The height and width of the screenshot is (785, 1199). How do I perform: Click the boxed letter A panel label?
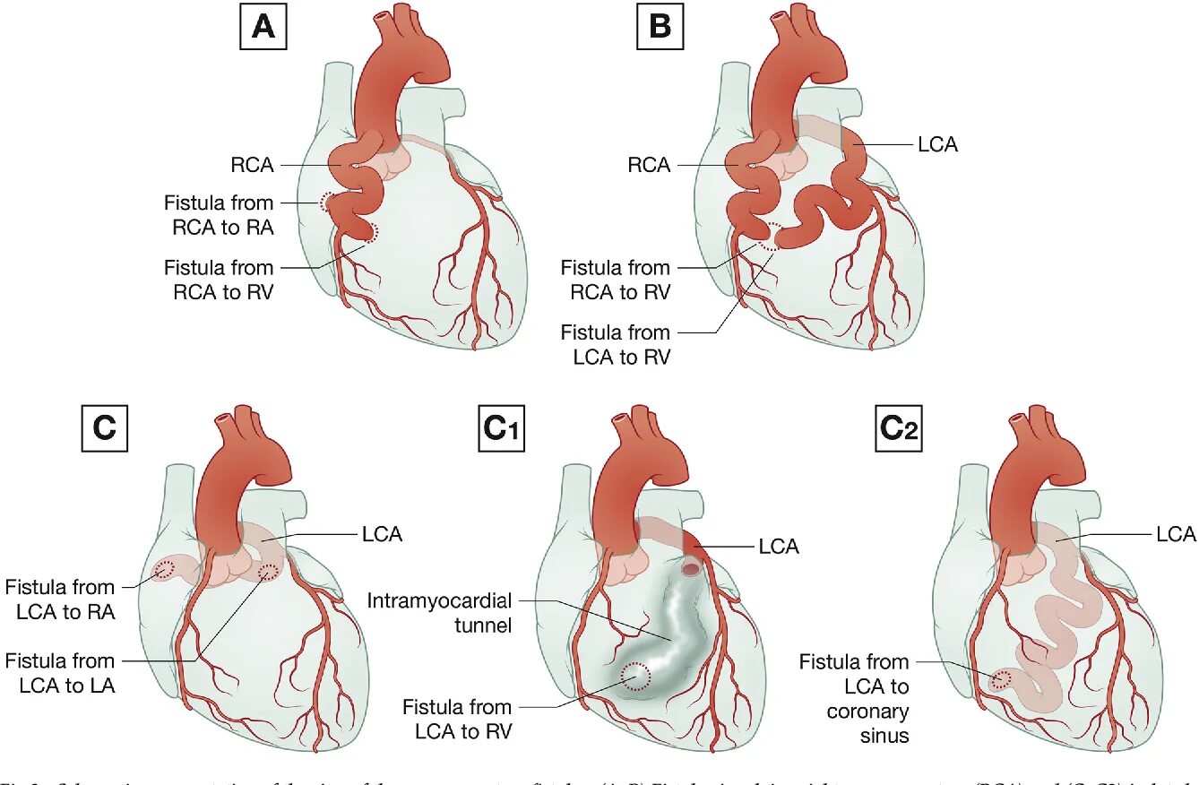263,28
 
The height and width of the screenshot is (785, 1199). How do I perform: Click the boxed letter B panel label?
660,28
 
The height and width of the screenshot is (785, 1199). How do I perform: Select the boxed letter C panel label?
105,428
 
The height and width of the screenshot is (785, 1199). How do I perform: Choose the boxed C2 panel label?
898,429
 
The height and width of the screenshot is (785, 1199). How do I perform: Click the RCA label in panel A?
250,165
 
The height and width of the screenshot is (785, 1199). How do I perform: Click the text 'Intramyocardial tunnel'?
439,612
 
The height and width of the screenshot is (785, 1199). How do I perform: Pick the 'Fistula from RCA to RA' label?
219,215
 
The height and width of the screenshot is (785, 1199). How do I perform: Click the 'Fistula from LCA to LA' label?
60,673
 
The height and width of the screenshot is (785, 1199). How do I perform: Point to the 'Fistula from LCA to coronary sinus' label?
854,699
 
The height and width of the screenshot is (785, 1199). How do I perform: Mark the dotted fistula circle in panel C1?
636,676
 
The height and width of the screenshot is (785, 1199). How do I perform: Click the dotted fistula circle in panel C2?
1001,681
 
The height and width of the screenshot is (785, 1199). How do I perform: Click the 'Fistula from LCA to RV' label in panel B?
616,344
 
